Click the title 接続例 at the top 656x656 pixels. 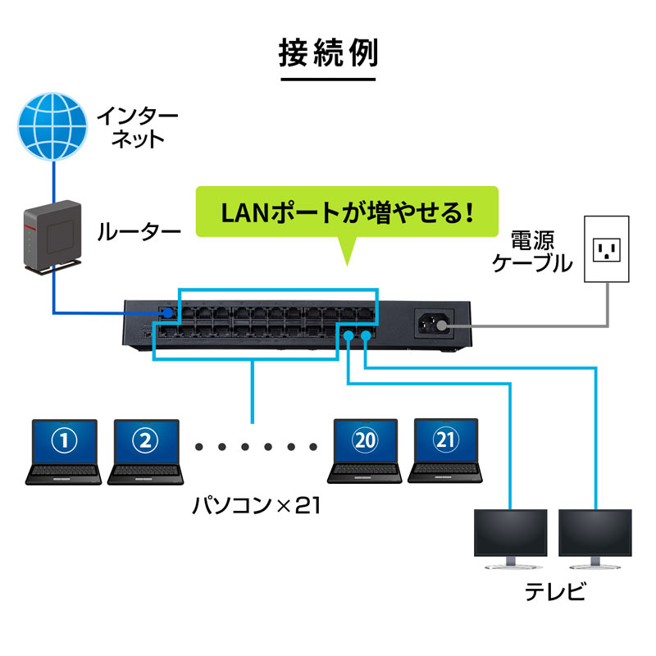[x=328, y=55]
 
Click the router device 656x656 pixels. [x=52, y=236]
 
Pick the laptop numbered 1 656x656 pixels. [x=64, y=451]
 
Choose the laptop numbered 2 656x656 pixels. [x=145, y=451]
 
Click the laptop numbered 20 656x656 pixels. [x=365, y=451]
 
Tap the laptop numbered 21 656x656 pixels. [x=445, y=451]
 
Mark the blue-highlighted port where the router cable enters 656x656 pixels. [x=166, y=313]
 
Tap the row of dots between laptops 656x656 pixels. [x=255, y=448]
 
